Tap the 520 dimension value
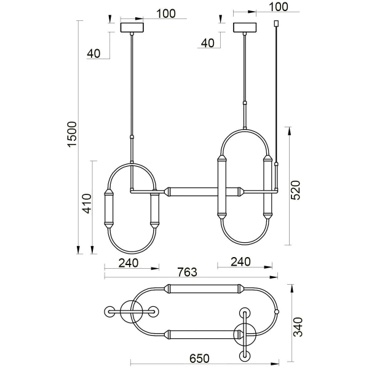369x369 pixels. coord(295,190)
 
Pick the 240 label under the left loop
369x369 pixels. coord(128,263)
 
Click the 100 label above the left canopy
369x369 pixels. coord(165,13)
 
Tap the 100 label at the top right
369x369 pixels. coord(279,7)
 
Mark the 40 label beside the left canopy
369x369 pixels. coord(93,53)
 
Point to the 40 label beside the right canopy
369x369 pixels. coord(208,42)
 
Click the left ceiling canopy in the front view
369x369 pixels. coord(132,28)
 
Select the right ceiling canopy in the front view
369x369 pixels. coord(246,28)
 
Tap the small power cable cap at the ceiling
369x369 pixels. coord(276,24)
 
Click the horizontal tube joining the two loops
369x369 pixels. coord(191,191)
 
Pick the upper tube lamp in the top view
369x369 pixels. coord(203,288)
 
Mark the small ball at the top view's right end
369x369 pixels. coord(277,312)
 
